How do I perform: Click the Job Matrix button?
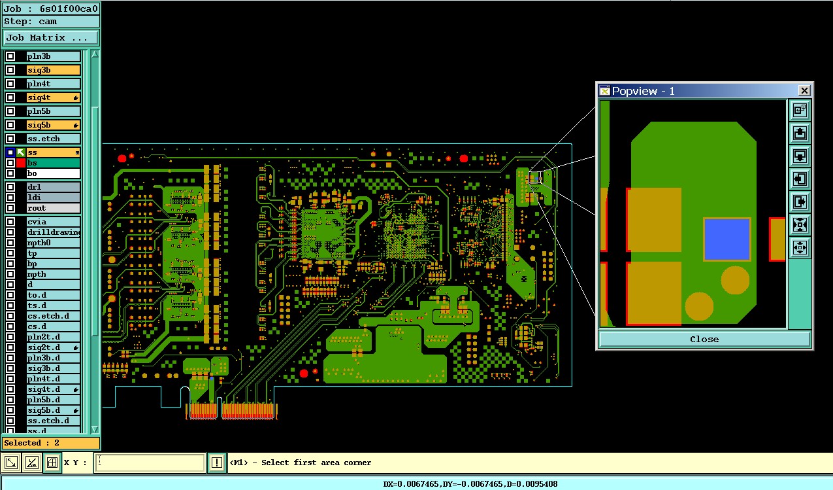click(51, 37)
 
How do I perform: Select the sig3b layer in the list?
click(53, 70)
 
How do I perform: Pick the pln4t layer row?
click(53, 84)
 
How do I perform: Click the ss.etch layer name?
click(44, 139)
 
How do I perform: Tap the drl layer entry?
click(53, 187)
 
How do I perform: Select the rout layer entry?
click(53, 208)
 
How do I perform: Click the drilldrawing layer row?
click(53, 232)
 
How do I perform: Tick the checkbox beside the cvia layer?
click(10, 222)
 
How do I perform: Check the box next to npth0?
click(10, 243)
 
